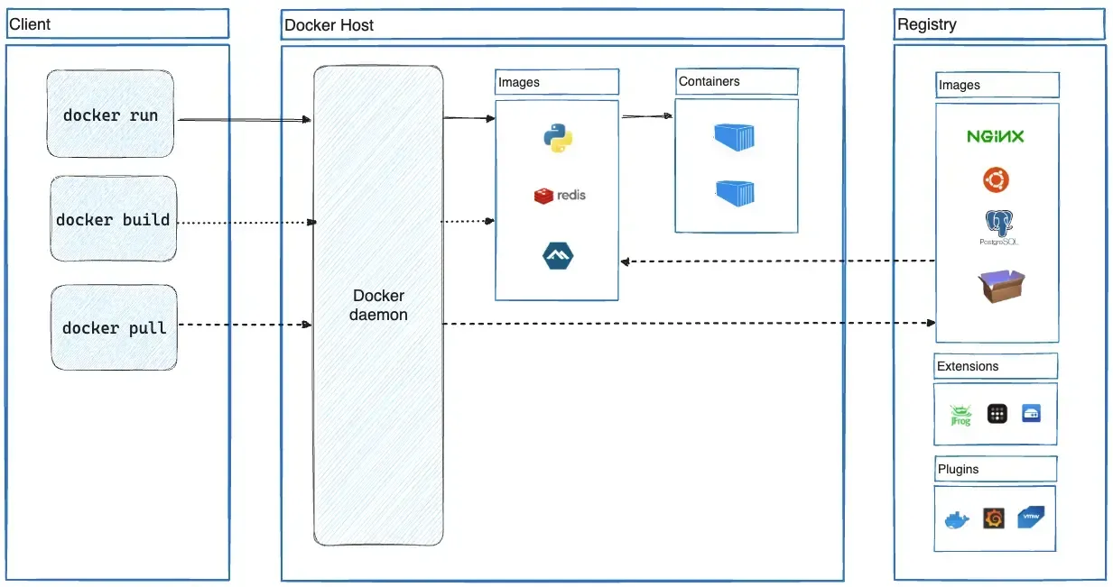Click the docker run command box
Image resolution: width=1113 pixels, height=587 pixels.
click(110, 115)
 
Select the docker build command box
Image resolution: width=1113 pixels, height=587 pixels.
click(113, 219)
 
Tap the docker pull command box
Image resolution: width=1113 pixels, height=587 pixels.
click(114, 327)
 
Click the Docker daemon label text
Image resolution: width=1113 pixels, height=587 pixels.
click(378, 306)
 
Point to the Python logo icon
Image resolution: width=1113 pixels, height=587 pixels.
click(558, 138)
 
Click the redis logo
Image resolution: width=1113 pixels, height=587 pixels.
click(560, 195)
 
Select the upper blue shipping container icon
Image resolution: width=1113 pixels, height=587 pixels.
click(734, 137)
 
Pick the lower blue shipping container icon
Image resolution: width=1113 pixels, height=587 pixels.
click(735, 192)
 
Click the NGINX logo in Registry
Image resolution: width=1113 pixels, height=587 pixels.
click(996, 137)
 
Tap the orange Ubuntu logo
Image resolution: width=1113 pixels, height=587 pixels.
click(996, 180)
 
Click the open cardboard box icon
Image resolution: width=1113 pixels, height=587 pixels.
click(1001, 287)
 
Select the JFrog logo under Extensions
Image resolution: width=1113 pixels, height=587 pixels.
click(960, 415)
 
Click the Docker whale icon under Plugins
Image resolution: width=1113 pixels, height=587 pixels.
click(956, 520)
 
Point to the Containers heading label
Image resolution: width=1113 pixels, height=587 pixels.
click(710, 81)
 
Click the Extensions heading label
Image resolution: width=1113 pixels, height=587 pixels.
click(968, 366)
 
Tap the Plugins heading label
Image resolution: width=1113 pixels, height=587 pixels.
click(958, 469)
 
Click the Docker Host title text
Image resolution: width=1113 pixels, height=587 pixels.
click(329, 25)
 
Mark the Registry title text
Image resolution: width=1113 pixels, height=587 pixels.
click(926, 24)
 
